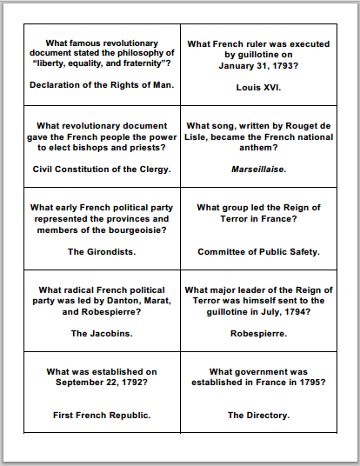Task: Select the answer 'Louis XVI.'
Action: (258, 87)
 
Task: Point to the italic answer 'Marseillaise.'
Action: (258, 169)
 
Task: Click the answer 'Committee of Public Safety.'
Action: (258, 252)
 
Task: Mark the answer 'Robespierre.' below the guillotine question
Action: (258, 333)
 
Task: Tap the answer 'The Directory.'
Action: (258, 415)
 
